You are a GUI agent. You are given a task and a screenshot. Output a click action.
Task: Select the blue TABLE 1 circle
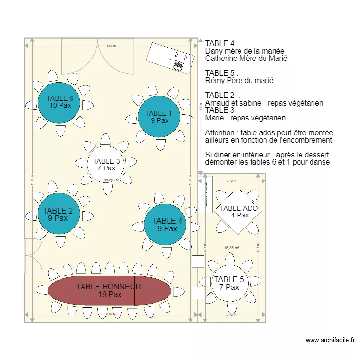point(159,117)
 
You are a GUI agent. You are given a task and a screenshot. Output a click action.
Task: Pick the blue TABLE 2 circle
point(58,214)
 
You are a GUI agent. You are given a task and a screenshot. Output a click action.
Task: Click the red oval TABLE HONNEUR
point(109,290)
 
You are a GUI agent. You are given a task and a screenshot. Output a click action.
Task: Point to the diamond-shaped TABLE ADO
point(239,211)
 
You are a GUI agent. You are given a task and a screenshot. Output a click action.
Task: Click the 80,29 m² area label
point(110,180)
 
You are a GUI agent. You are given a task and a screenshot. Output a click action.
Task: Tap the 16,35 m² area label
point(231,248)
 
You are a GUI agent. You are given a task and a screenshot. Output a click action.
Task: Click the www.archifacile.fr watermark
point(330,340)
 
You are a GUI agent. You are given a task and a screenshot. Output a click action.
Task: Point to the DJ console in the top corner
point(171,57)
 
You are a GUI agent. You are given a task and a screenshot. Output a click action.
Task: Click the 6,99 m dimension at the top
point(110,46)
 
